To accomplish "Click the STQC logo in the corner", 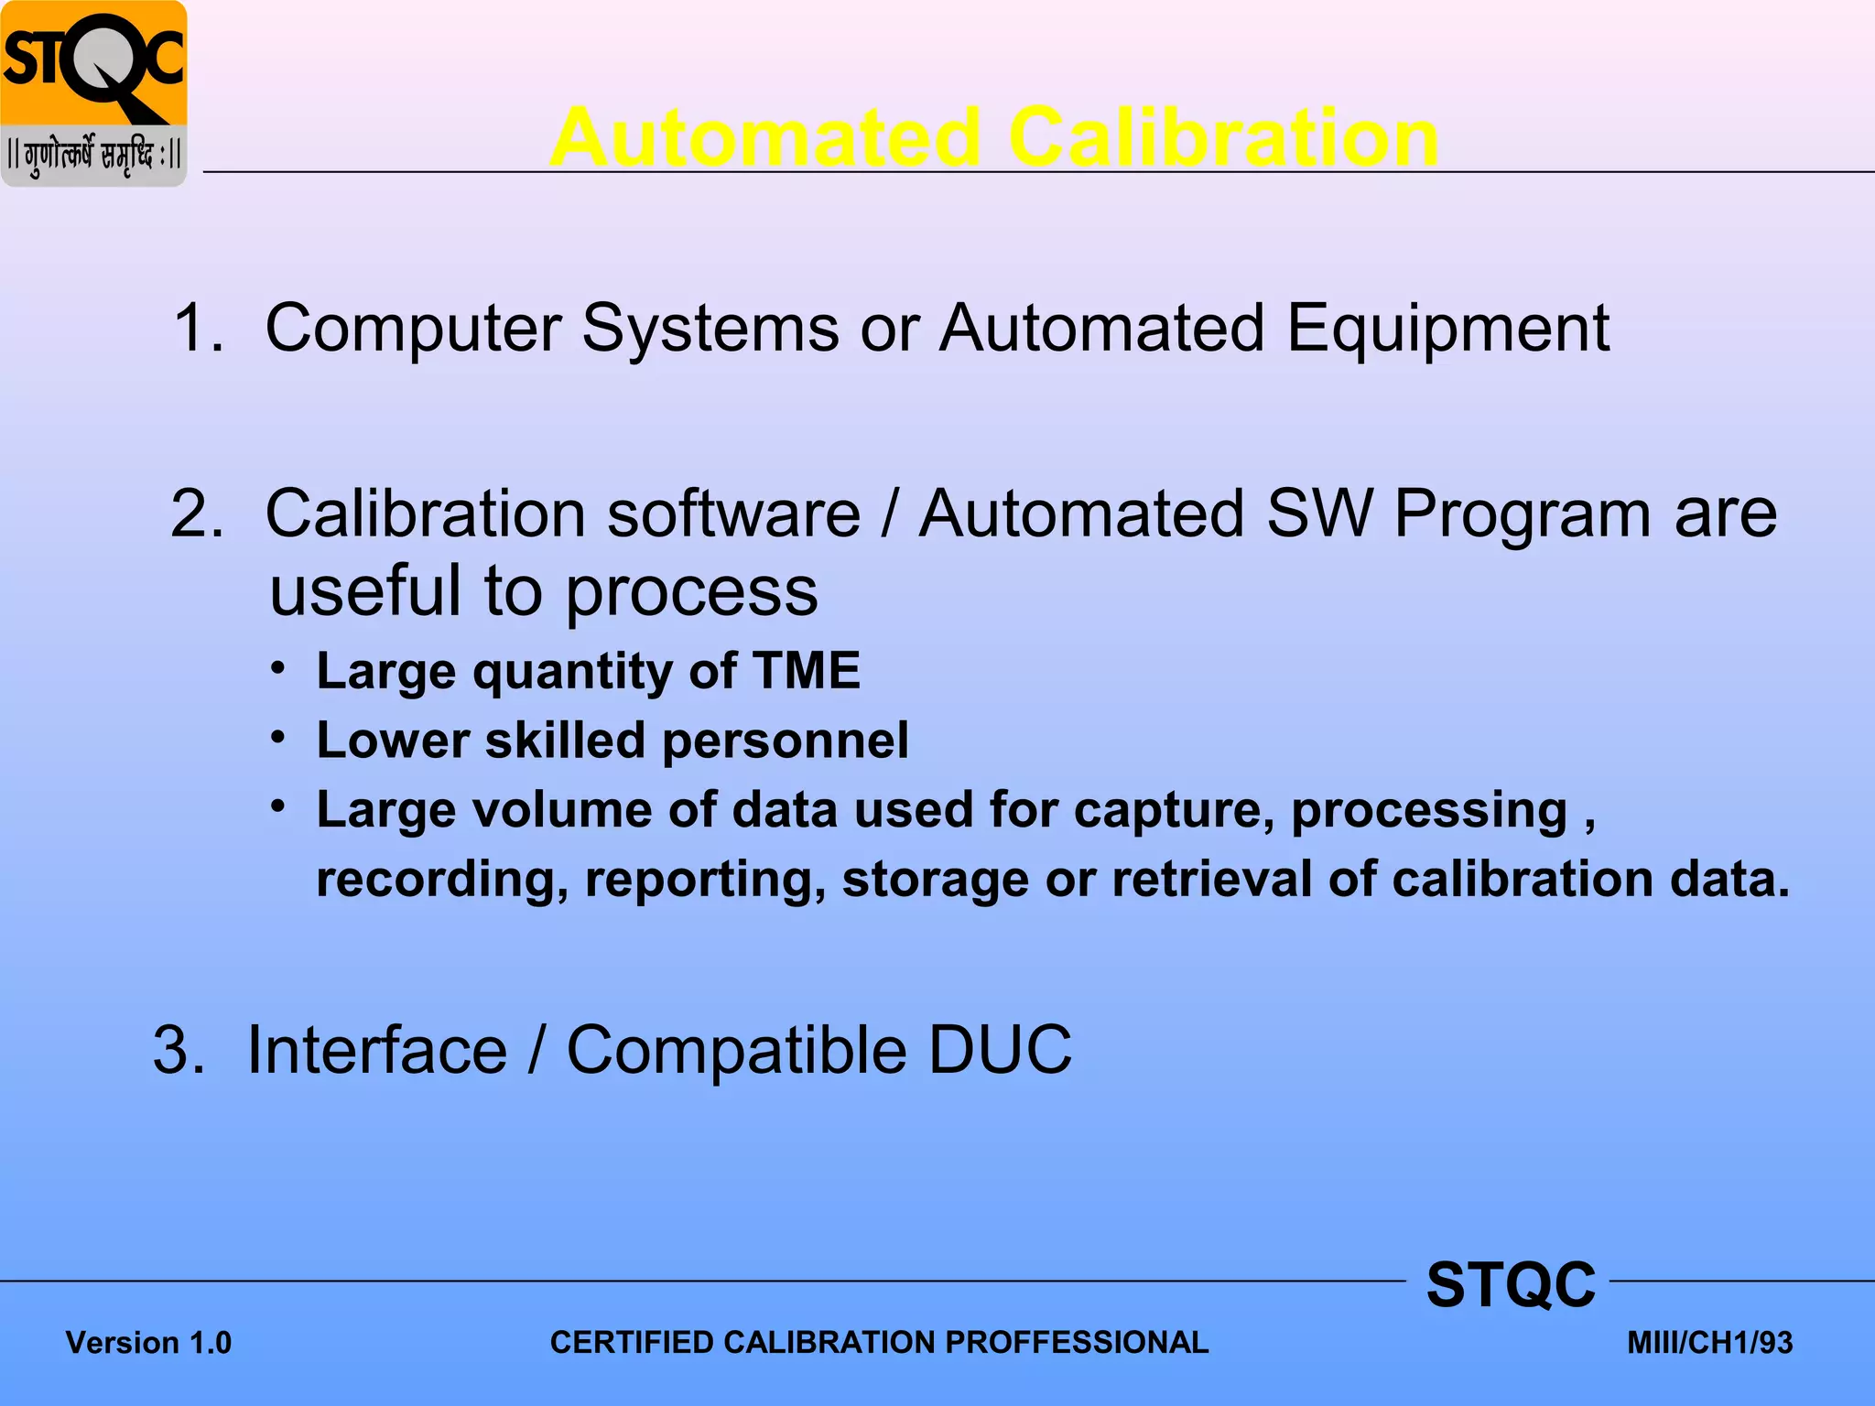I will click(94, 93).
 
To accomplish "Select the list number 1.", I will click(196, 328).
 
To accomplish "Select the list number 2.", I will click(196, 514).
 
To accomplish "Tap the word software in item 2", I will click(733, 514).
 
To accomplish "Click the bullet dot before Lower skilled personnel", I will click(279, 736).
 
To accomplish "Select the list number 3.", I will click(179, 1050).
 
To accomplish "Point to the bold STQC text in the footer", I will click(1511, 1284).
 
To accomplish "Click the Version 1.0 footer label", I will click(148, 1343).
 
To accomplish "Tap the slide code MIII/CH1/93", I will click(1709, 1343).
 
